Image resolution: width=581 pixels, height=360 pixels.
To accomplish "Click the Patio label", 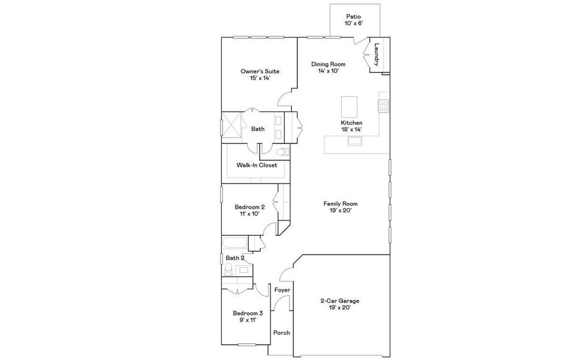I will pos(354,16).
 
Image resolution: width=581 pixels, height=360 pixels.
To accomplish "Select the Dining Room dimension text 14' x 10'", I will pos(329,71).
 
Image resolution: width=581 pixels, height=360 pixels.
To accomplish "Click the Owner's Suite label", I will pos(260,71).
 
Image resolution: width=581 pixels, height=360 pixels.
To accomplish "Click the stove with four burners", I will pos(383,106).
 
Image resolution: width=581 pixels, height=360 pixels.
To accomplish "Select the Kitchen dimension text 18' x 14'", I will pos(351,130).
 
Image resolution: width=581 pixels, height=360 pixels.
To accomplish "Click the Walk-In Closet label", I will pos(257,165).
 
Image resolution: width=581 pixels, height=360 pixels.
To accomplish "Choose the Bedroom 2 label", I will pos(249,207).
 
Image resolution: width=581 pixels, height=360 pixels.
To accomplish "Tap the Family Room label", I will pos(341,203).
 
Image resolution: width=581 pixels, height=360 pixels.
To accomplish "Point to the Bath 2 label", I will pos(234,258).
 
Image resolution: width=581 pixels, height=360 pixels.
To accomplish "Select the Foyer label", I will pos(282,290).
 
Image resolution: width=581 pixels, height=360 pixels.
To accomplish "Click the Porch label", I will pos(281,332).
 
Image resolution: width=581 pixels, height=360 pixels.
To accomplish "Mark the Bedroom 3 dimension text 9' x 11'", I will pos(248,320).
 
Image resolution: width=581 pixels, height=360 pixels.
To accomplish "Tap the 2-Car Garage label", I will pos(341,301).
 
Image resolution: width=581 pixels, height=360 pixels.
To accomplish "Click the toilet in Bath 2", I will pos(228,271).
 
